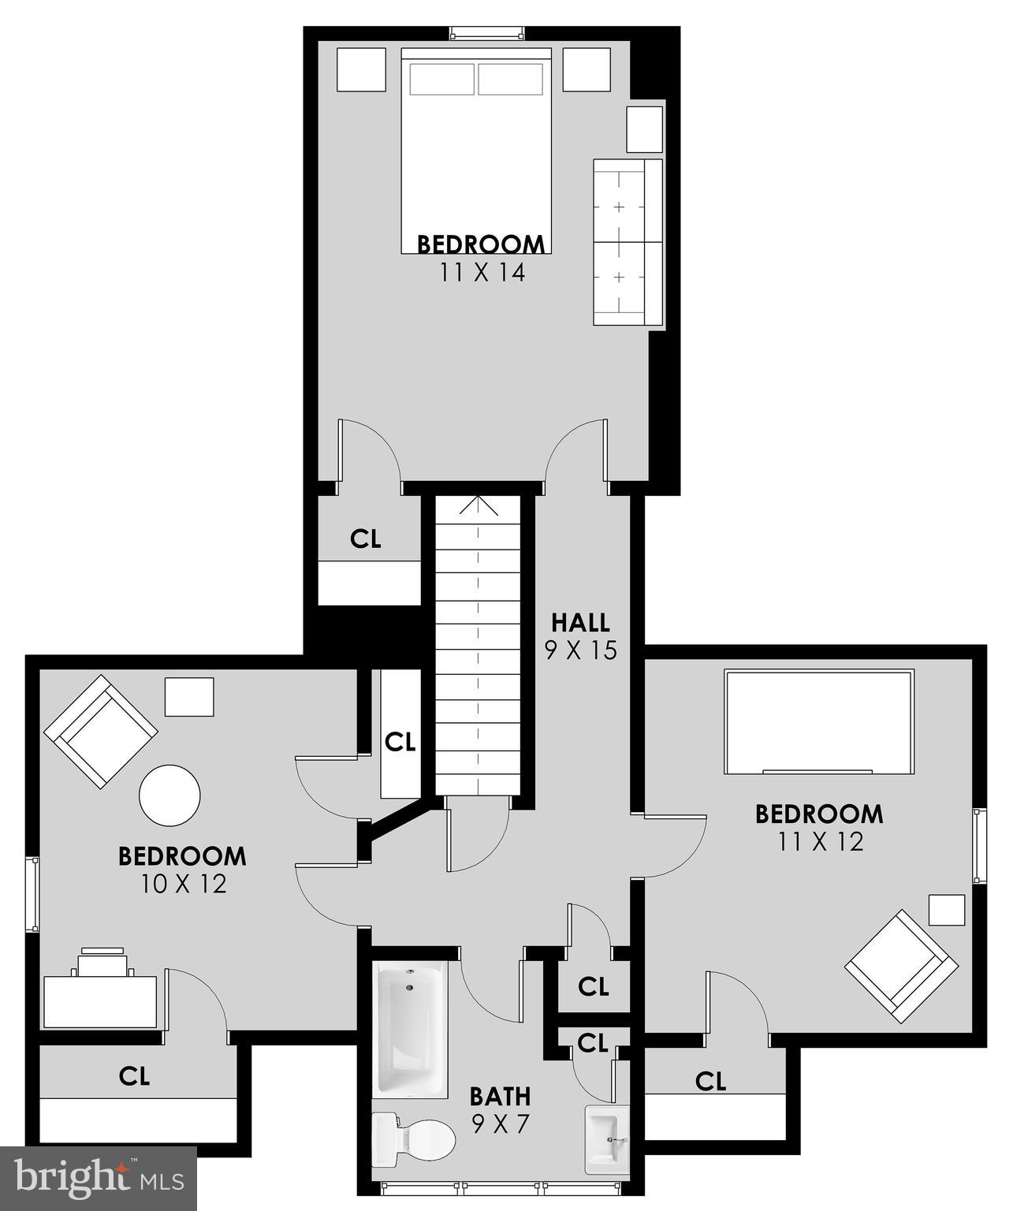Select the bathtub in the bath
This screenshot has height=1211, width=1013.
coord(411,1028)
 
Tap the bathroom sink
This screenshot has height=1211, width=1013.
coord(607,1139)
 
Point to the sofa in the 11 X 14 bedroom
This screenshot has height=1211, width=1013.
coord(628,241)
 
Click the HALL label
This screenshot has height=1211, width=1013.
coord(580,622)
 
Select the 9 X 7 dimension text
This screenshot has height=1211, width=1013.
coord(500,1123)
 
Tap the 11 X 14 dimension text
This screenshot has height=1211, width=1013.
coord(482,273)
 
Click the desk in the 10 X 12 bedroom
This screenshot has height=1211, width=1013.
coord(100,1001)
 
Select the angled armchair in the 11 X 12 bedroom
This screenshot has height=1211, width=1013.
coord(900,963)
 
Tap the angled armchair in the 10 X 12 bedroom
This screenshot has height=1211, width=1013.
coord(99,731)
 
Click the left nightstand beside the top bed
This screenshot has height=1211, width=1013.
coord(362,70)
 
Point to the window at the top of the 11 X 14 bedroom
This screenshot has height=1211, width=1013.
coord(486,33)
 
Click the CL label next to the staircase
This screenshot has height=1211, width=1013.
coord(400,742)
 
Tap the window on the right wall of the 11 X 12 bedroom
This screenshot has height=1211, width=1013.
coord(979,846)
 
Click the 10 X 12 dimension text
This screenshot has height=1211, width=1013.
coord(184,884)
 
